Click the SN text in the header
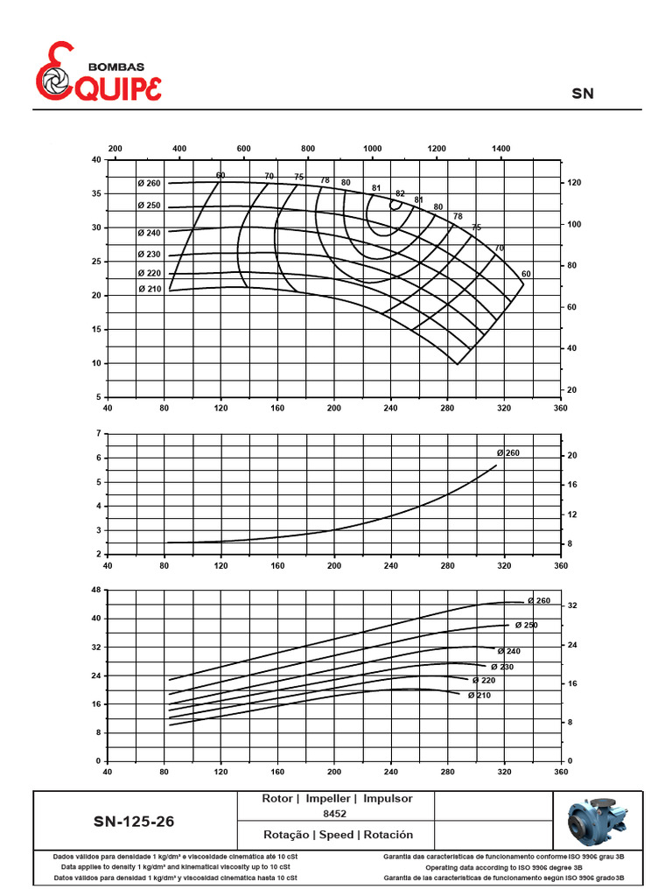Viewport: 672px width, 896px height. tap(583, 93)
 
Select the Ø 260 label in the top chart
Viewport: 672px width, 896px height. tap(149, 183)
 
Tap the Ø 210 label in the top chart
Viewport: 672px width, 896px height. tap(149, 290)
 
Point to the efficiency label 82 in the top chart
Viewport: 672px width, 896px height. tap(400, 193)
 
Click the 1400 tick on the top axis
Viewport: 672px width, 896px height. tap(500, 150)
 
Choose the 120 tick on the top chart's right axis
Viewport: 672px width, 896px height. tap(574, 183)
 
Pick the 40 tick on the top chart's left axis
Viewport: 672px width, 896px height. tap(95, 160)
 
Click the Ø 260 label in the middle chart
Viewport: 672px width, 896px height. tap(508, 452)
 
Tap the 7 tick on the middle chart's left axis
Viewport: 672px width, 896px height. tap(100, 434)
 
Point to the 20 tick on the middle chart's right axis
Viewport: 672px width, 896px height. tap(572, 456)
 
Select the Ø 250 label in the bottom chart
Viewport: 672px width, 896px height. tap(526, 625)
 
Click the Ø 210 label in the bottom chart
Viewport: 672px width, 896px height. tap(479, 696)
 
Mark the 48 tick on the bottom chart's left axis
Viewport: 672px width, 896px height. tap(96, 591)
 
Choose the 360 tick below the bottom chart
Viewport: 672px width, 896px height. tap(561, 772)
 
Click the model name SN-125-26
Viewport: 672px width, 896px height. tap(140, 822)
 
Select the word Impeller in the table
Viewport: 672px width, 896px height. tap(330, 799)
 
